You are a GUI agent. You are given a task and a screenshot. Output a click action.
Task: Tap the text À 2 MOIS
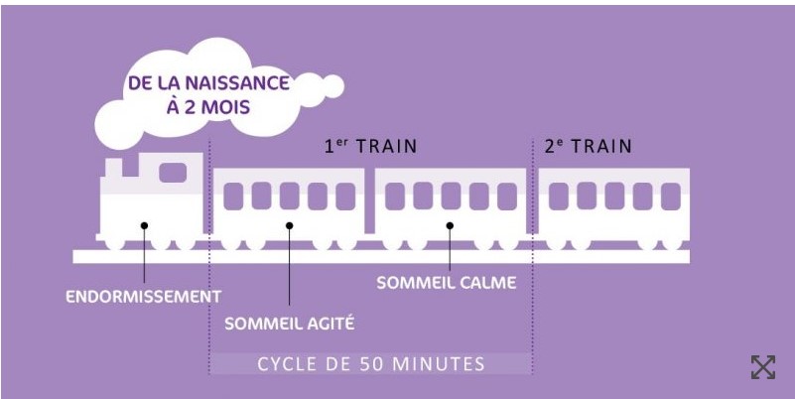pos(208,108)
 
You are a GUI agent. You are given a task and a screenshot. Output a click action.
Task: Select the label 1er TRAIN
pos(370,146)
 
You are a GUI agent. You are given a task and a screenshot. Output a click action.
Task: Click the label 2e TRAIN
pos(589,146)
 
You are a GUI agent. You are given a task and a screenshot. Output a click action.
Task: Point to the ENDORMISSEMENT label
pos(144,297)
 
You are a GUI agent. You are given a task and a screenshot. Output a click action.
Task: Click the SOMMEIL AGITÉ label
pos(289,324)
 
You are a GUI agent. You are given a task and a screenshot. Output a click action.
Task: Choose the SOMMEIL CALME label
pos(447,283)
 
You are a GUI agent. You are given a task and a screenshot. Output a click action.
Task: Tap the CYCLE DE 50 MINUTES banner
pos(371,364)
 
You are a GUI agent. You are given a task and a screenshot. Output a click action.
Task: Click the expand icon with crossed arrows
pos(763,367)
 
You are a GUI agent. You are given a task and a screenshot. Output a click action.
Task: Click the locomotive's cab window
pos(173,173)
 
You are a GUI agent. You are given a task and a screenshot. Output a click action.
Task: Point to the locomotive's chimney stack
pos(112,167)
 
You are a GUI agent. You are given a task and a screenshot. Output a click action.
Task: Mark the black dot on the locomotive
pos(145,225)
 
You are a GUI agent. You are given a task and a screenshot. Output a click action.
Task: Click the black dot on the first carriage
pos(290,225)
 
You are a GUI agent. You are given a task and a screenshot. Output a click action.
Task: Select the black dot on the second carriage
pos(450,225)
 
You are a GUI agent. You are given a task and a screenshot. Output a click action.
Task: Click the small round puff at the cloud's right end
pos(333,86)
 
